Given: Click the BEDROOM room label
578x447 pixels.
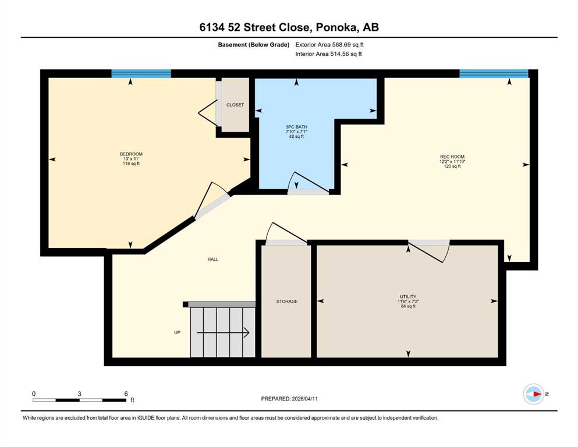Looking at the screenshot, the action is click(x=131, y=154).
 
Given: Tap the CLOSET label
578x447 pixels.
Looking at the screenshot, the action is click(x=235, y=105).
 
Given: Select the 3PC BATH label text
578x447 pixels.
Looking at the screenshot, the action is click(x=296, y=127).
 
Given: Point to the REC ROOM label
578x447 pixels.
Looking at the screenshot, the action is click(x=452, y=157).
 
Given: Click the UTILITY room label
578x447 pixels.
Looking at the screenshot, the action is click(x=408, y=297).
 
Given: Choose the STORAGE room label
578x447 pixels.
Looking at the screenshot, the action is click(x=287, y=301).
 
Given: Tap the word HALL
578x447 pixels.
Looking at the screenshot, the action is click(x=212, y=260).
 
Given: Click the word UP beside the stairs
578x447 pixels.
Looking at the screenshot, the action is click(x=178, y=332).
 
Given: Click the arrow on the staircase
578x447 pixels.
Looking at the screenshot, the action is click(x=223, y=333).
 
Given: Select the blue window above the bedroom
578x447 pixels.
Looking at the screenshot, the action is click(x=141, y=74).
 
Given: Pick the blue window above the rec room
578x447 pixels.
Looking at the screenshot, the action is click(x=494, y=74).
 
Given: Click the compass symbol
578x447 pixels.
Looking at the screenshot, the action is click(x=534, y=394).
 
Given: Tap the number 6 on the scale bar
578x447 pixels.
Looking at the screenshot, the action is click(x=126, y=393).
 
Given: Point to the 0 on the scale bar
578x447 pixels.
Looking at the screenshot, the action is click(x=34, y=393).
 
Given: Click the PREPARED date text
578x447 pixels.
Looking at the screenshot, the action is click(x=289, y=399).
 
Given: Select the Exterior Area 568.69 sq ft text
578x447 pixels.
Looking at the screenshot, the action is click(x=329, y=45).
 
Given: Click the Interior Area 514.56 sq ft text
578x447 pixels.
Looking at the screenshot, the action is click(x=328, y=54).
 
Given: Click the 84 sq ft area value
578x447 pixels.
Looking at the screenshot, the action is click(x=408, y=306).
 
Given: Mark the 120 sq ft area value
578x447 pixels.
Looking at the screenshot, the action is click(x=452, y=166).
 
